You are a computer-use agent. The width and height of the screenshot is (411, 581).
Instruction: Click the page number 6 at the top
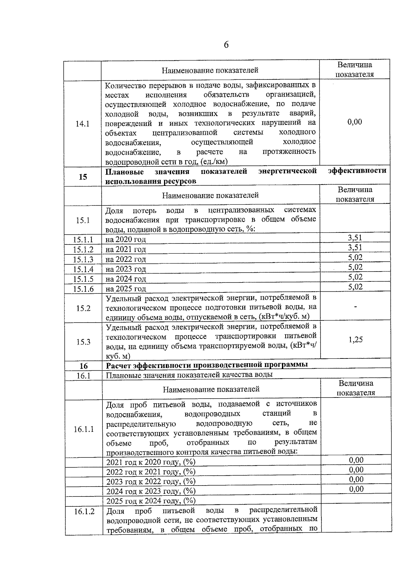(226, 45)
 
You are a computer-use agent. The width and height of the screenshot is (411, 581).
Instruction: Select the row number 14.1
(83, 124)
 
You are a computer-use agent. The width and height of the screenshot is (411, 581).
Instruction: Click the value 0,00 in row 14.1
(354, 122)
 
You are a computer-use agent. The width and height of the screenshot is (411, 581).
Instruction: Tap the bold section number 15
(83, 177)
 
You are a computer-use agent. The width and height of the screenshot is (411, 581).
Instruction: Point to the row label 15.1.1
(83, 240)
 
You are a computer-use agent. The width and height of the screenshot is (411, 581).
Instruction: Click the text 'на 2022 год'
(126, 259)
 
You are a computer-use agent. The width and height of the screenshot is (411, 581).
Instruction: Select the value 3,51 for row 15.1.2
(355, 248)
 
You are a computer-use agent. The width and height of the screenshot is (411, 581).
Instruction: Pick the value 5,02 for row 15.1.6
(356, 287)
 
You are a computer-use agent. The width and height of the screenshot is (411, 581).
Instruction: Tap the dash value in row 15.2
(356, 307)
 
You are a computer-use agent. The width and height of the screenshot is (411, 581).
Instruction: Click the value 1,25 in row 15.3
(356, 340)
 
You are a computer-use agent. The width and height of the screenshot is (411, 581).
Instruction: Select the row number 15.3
(83, 342)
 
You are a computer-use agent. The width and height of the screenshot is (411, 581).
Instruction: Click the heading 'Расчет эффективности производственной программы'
(207, 364)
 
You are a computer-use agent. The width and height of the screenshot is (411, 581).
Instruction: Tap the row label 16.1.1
(84, 429)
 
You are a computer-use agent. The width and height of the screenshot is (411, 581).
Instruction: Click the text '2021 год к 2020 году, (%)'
(151, 462)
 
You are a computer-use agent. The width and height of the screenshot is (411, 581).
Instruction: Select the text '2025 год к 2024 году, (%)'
(151, 501)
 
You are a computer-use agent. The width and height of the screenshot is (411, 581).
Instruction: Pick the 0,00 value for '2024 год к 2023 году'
(356, 489)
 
